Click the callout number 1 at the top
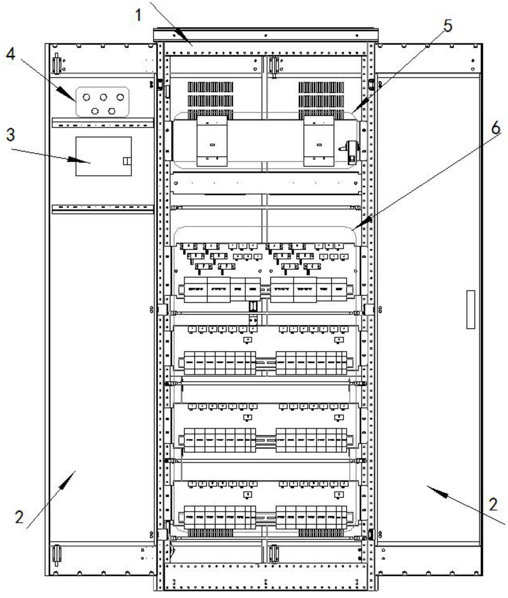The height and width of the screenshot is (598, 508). (x=139, y=15)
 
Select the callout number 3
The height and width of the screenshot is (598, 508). (x=10, y=134)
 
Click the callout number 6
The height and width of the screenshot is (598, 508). (x=496, y=129)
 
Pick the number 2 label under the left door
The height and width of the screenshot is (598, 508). (x=19, y=517)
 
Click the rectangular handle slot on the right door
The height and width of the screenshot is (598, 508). (x=470, y=309)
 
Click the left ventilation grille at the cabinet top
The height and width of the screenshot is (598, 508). (x=211, y=100)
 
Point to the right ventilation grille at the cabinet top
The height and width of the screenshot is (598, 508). (x=321, y=100)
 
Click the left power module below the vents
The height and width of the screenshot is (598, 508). (x=212, y=141)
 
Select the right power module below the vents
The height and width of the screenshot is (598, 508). (x=319, y=141)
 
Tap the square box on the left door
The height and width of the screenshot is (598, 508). (x=104, y=156)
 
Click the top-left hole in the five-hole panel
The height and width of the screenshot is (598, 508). (x=86, y=97)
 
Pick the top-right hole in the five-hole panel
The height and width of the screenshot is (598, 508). (x=120, y=97)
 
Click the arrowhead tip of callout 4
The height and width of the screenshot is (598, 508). (x=76, y=101)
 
